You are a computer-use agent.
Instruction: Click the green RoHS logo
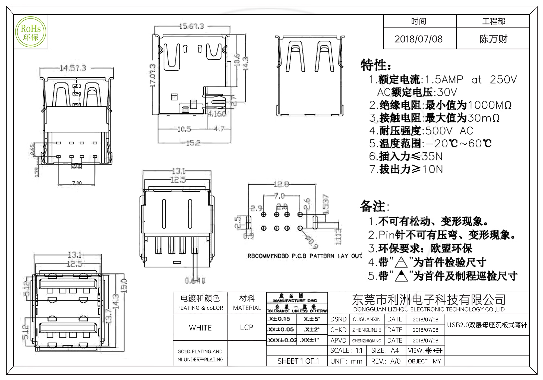(31, 32)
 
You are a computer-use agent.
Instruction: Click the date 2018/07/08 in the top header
(418, 39)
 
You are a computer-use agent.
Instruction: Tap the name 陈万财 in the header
(493, 39)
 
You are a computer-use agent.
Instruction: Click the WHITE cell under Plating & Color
(200, 328)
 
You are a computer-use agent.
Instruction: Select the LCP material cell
(247, 327)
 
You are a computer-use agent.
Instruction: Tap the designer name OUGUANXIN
(367, 319)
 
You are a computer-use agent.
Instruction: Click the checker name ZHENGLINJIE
(367, 330)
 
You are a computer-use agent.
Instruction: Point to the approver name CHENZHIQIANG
(367, 341)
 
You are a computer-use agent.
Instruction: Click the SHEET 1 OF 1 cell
(298, 361)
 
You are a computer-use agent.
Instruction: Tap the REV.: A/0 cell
(386, 361)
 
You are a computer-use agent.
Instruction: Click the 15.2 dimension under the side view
(193, 143)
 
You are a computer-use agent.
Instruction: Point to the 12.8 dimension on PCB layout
(281, 185)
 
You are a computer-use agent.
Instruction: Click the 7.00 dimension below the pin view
(77, 183)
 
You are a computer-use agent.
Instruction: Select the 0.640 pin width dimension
(195, 280)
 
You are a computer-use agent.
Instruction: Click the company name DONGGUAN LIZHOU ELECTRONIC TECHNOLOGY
(429, 309)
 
